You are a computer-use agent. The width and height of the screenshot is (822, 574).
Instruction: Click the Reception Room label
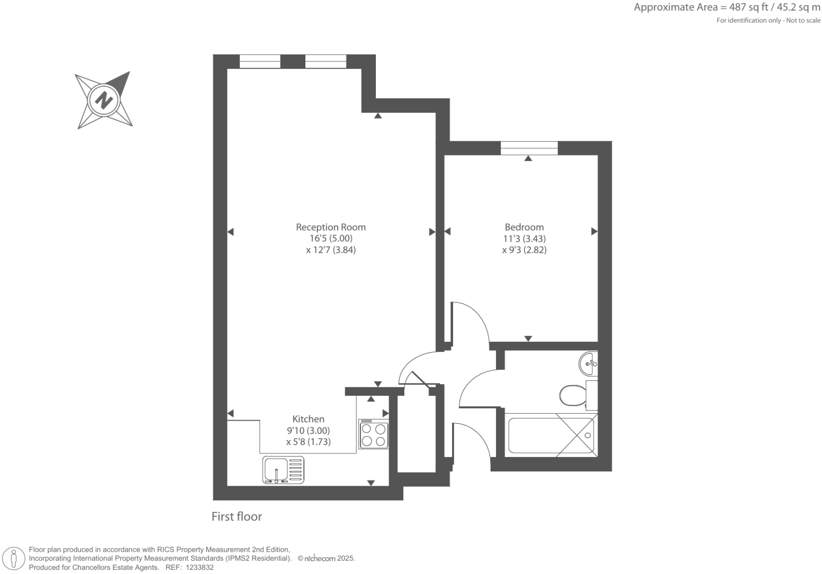330,227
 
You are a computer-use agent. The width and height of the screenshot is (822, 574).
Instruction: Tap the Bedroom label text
524,227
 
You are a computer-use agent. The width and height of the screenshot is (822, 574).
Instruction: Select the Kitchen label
308,419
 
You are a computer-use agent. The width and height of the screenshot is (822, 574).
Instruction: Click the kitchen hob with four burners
374,434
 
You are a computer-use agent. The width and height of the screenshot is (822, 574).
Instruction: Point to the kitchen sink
283,470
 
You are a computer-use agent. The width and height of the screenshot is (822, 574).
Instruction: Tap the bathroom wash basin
589,363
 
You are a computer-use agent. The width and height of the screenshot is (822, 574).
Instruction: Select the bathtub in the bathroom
552,435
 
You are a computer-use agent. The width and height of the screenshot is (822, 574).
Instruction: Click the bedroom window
529,148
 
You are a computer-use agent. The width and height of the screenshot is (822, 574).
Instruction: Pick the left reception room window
259,61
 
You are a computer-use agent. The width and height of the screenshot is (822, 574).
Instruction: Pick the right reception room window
326,61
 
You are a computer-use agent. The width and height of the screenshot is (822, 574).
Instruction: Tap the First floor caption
237,516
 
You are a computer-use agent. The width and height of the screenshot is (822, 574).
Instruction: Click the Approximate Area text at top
727,7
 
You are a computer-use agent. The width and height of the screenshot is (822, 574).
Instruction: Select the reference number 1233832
197,567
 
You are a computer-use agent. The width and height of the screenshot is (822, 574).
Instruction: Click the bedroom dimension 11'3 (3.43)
524,239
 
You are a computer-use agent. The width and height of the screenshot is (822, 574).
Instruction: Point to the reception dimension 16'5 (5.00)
331,239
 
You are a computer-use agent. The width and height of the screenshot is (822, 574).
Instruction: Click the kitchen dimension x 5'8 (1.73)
309,442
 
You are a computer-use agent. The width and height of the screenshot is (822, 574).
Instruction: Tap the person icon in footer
14,559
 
